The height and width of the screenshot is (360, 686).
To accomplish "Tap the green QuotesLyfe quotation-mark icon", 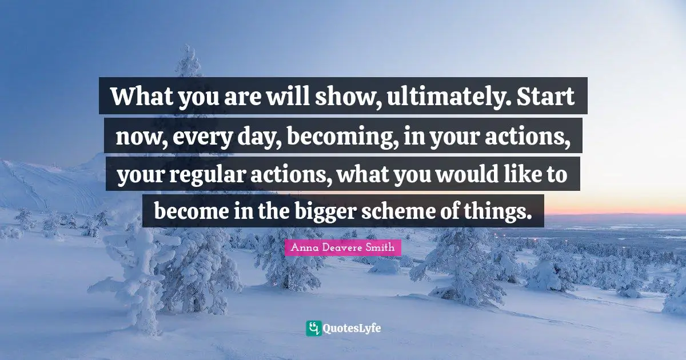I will pos(313,328).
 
